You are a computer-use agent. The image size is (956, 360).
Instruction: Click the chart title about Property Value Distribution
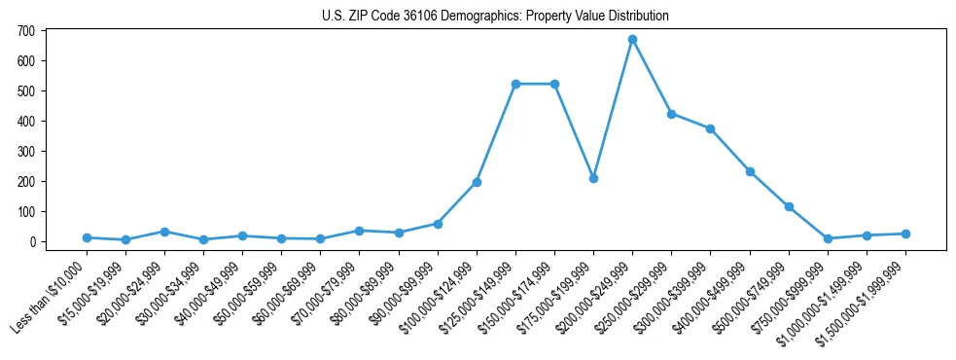[x=495, y=16]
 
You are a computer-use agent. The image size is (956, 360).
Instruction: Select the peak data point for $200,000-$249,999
[x=632, y=40]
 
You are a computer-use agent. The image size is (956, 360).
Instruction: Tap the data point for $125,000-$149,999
[x=515, y=84]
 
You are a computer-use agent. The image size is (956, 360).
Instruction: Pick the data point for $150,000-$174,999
[x=554, y=84]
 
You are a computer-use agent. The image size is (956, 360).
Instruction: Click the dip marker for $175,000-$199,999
[x=593, y=178]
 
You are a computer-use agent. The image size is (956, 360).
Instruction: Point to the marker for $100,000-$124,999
[x=477, y=182]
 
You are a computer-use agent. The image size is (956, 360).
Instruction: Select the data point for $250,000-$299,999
[x=671, y=114]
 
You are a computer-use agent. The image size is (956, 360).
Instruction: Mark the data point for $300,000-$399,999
[x=711, y=128]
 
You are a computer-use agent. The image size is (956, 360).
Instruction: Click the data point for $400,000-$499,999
[x=750, y=171]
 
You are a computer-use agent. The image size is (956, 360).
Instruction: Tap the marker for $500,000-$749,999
[x=789, y=206]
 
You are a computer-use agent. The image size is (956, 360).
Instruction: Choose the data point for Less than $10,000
[x=87, y=237]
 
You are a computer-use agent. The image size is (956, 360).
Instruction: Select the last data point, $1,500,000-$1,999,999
[x=905, y=234]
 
